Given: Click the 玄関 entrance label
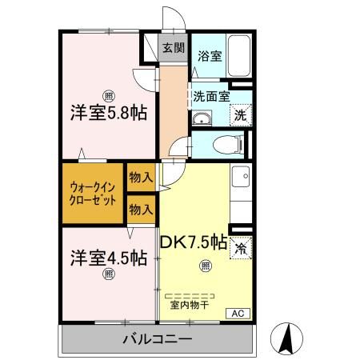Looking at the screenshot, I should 172,47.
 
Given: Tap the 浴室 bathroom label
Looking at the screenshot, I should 210,58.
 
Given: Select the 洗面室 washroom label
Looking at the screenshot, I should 211,96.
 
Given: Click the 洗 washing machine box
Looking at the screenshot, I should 238,116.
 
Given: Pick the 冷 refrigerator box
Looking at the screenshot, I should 240,249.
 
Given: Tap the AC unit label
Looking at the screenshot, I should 238,313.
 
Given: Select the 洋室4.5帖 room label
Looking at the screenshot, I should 106,258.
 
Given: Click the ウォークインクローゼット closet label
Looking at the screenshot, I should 91,192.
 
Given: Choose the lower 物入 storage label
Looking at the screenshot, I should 141,209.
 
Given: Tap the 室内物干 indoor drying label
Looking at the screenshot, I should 189,305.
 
